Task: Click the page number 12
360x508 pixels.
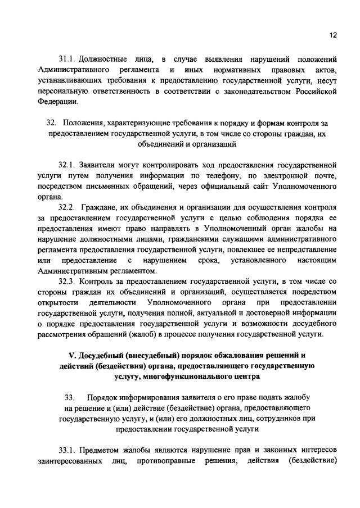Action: tap(333, 34)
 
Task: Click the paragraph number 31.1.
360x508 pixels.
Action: tap(67, 59)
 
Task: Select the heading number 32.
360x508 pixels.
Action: tap(52, 123)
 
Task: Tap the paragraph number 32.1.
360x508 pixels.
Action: tap(67, 166)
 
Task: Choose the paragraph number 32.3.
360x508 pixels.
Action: tap(67, 281)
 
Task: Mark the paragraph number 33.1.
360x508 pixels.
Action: tap(67, 450)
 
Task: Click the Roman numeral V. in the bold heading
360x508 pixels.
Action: tap(71, 355)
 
